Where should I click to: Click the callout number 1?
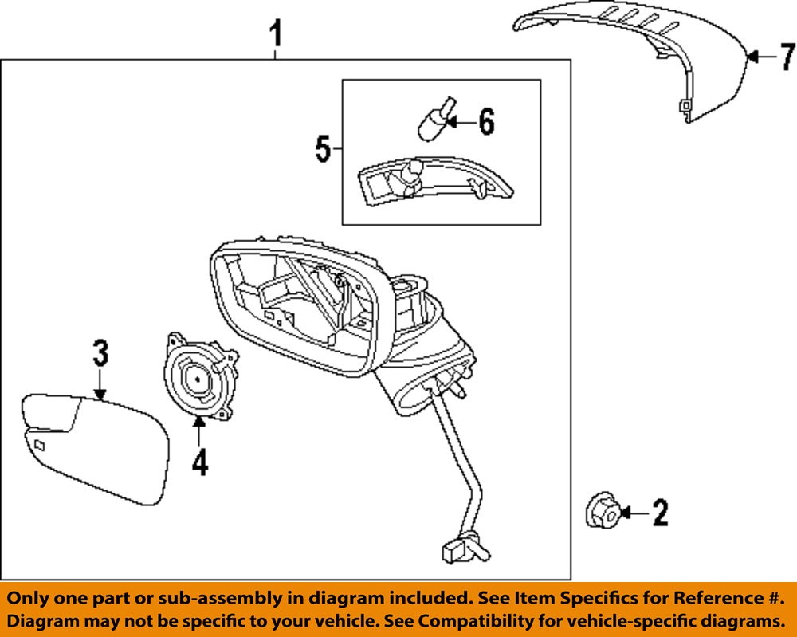coord(276,34)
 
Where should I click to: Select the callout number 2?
coord(660,513)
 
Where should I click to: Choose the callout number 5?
coord(323,148)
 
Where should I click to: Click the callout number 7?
coord(787,57)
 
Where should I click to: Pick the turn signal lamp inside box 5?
coord(430,183)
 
